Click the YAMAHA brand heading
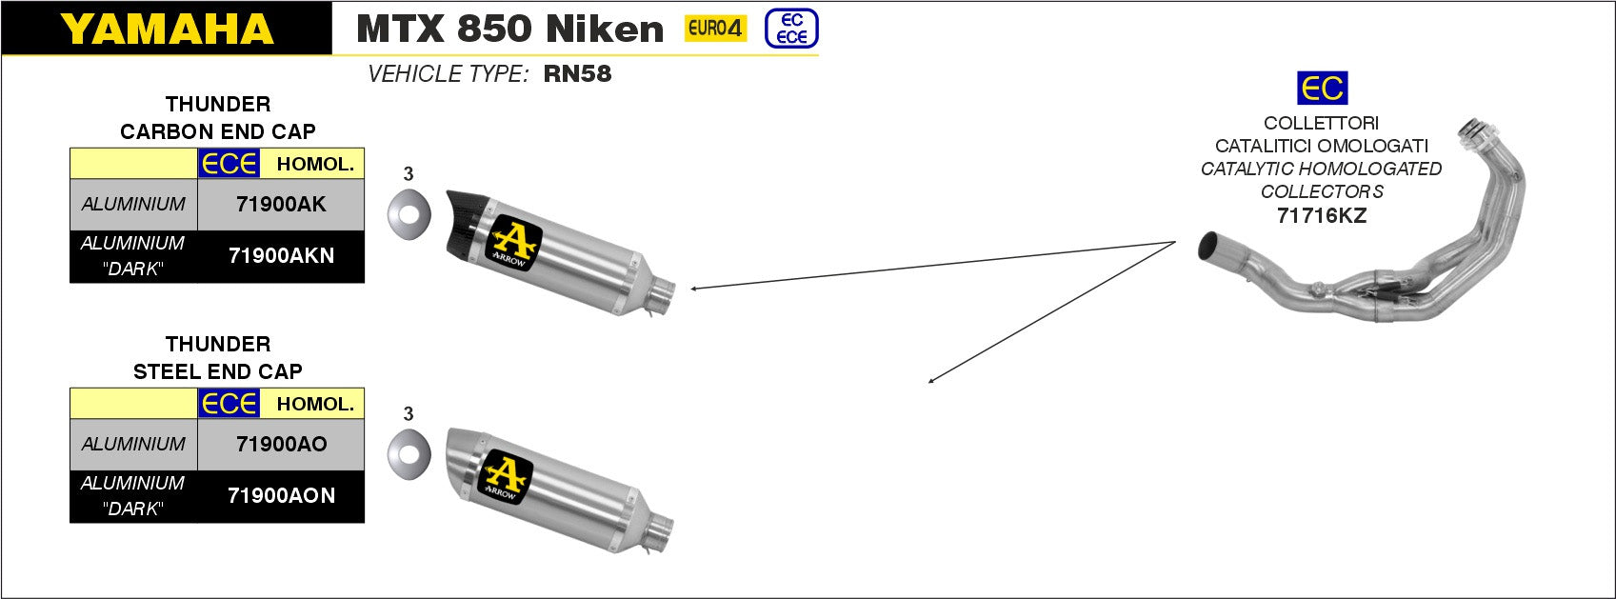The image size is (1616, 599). [168, 29]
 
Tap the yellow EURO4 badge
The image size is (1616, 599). [715, 29]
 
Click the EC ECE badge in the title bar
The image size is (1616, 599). [791, 29]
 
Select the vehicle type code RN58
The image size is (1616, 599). [577, 74]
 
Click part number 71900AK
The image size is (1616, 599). [281, 204]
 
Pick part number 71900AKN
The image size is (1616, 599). [281, 255]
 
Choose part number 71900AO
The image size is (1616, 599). [281, 444]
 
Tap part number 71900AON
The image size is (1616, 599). [281, 495]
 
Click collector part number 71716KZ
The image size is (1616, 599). [1321, 215]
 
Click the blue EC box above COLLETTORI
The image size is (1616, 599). [1322, 89]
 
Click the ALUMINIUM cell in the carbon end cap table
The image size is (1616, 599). [133, 204]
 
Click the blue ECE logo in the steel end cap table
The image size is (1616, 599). [229, 404]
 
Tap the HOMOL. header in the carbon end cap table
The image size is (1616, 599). [314, 164]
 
